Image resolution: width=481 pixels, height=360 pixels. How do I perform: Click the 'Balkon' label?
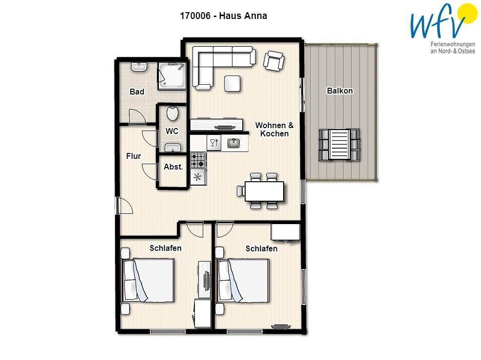(340, 91)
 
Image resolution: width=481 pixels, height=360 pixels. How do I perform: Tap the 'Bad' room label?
(137, 92)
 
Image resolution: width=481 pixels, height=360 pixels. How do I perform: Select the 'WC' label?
(172, 131)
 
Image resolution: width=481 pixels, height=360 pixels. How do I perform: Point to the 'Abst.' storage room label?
(173, 167)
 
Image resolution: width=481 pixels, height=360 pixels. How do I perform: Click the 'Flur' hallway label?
(134, 156)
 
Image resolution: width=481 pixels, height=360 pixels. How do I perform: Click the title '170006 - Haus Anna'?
(223, 16)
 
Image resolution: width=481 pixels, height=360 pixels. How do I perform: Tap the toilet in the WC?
(173, 113)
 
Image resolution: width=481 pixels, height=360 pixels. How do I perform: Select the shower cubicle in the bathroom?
(172, 76)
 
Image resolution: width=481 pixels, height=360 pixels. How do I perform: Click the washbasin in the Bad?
(139, 67)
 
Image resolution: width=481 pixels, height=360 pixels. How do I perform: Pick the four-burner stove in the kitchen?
(198, 160)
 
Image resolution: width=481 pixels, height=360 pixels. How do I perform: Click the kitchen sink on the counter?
(234, 143)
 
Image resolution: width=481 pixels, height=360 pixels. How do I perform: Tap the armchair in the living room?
(273, 61)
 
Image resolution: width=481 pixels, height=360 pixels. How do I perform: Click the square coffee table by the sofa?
(232, 83)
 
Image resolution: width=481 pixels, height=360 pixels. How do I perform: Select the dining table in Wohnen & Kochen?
(264, 191)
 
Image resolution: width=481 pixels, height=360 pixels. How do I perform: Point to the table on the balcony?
(339, 145)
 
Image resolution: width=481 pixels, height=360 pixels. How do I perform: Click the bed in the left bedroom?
(148, 280)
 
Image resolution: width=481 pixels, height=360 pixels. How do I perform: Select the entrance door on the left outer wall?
(124, 206)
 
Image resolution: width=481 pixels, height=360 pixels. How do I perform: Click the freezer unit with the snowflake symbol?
(198, 177)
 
